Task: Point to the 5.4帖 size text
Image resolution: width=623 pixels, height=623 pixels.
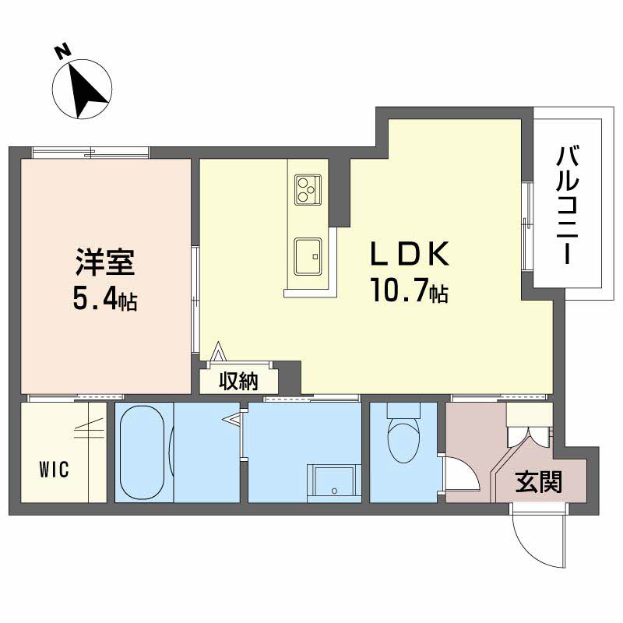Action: [x=105, y=299]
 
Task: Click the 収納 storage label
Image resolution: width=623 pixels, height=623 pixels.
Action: [x=238, y=381]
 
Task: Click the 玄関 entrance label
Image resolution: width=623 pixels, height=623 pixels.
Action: [x=538, y=483]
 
